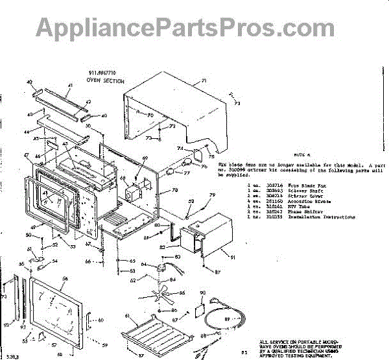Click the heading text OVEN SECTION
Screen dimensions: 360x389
(106, 81)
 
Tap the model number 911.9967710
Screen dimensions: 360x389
(104, 73)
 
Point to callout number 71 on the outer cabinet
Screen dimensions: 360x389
(203, 81)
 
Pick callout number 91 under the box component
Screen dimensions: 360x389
(232, 258)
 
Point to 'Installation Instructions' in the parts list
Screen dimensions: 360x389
(304, 217)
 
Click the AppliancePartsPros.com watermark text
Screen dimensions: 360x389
(194, 28)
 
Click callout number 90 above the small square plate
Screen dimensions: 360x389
(202, 294)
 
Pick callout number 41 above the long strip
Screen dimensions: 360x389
(71, 84)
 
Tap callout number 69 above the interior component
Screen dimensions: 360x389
(145, 159)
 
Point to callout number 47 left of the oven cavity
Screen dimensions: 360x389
(26, 156)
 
